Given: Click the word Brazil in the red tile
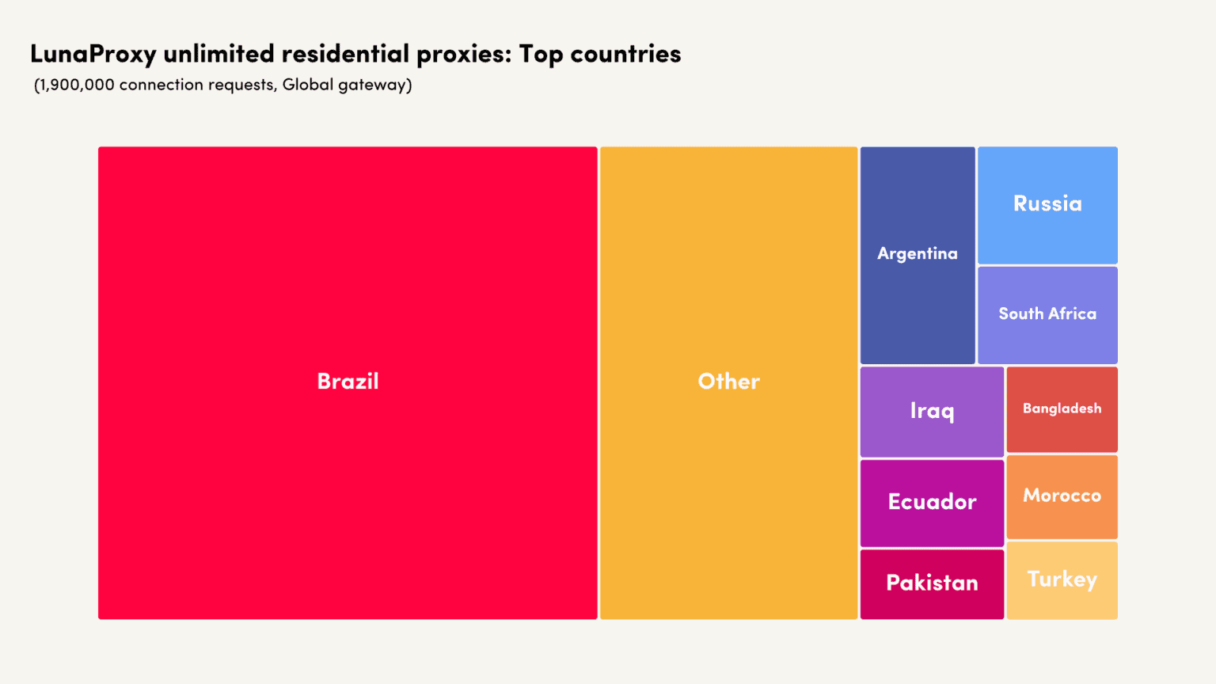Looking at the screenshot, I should tap(348, 382).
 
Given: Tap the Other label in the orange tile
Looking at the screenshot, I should tap(728, 382).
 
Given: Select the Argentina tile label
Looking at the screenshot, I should tap(918, 253).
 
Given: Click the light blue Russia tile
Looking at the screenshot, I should tap(1047, 204).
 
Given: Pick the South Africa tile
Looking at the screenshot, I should tap(1047, 313).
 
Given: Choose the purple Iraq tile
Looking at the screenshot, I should tap(932, 411).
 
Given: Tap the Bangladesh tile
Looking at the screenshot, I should tap(1062, 408).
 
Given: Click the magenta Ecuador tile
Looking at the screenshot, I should tap(932, 502).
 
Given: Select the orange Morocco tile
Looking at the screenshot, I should tap(1062, 496).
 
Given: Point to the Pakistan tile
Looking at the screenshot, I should tap(932, 583).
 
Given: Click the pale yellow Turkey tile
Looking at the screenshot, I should tap(1062, 579).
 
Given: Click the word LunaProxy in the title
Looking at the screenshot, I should tap(93, 54).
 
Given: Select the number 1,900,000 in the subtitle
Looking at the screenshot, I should tap(76, 85).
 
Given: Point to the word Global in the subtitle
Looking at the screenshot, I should tap(308, 85).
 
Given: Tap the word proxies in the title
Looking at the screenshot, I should tap(463, 54).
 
